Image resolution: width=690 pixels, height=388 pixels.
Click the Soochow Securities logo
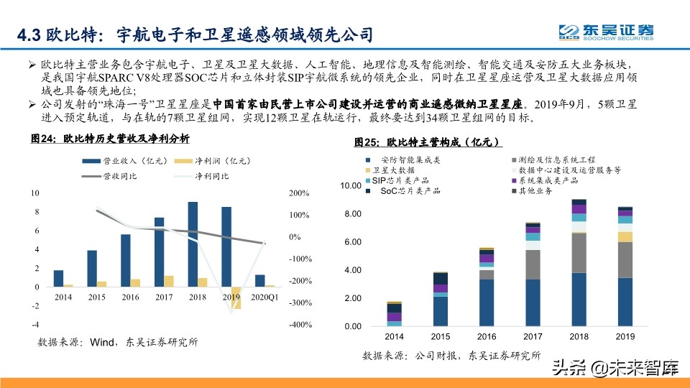click(608, 32)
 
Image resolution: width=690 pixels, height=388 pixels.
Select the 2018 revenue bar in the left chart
click(193, 244)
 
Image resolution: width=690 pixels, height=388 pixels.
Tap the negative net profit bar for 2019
click(236, 297)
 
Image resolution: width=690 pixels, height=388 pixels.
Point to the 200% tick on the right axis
click(299, 193)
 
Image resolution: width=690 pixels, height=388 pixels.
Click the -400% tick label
click(300, 325)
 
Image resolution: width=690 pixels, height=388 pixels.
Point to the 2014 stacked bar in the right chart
click(395, 313)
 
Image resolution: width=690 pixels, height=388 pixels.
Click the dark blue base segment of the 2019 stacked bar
click(625, 302)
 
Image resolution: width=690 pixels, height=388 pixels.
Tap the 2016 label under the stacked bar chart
click(487, 337)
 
